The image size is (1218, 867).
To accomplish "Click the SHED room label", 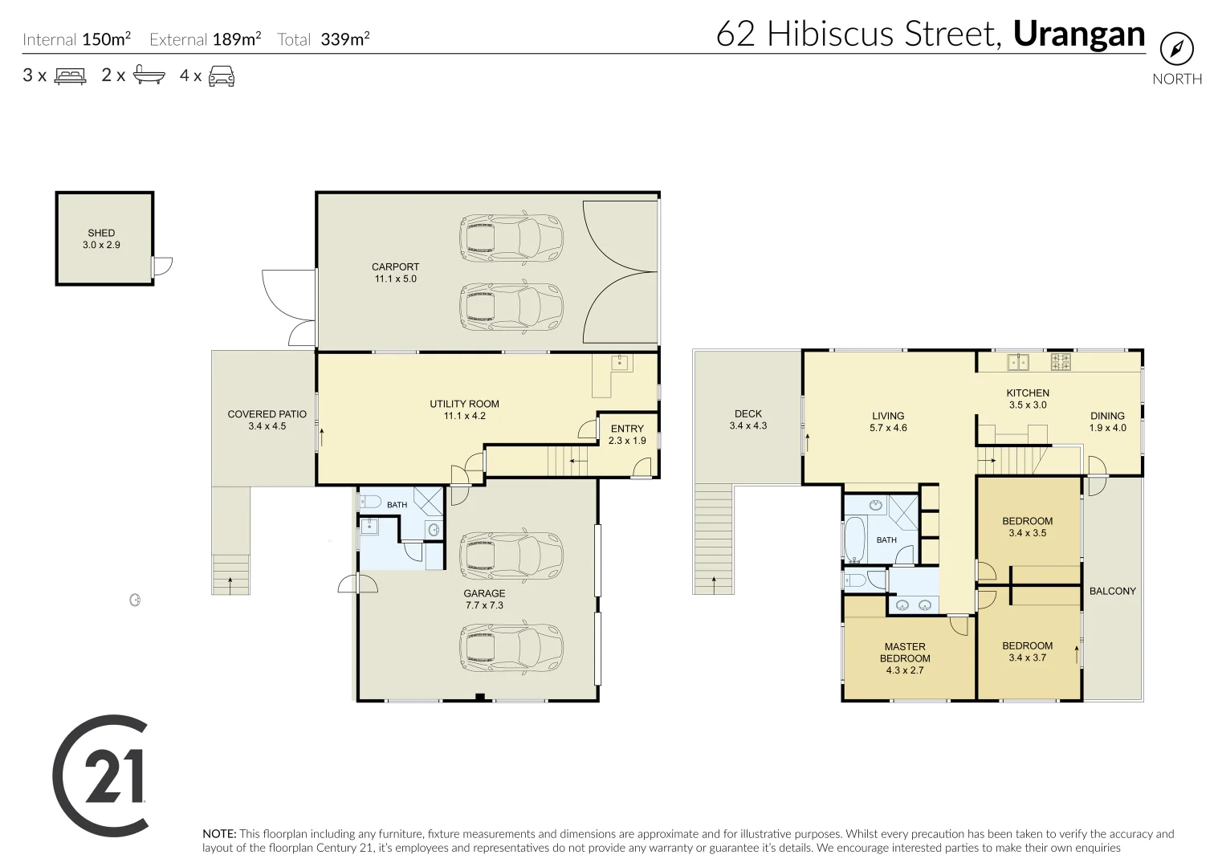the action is pyautogui.click(x=101, y=233).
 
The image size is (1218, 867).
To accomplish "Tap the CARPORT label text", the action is pyautogui.click(x=395, y=267).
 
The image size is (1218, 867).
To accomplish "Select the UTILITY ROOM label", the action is pyautogui.click(x=464, y=404).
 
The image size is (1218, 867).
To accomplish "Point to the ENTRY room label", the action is pyautogui.click(x=627, y=429).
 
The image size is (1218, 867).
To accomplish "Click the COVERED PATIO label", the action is pyautogui.click(x=267, y=414).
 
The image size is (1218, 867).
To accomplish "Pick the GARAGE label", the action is pyautogui.click(x=484, y=593).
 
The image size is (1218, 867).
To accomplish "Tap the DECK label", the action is pyautogui.click(x=748, y=413).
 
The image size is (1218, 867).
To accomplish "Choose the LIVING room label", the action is pyautogui.click(x=888, y=416).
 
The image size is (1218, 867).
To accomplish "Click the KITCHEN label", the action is pyautogui.click(x=1028, y=393).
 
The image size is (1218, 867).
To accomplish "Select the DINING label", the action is pyautogui.click(x=1108, y=416).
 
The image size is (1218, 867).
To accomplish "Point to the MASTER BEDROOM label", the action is pyautogui.click(x=905, y=653).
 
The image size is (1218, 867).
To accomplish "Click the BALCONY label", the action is pyautogui.click(x=1113, y=591).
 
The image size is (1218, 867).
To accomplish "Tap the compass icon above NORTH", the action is pyautogui.click(x=1177, y=49).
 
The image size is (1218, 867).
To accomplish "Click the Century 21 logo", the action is pyautogui.click(x=100, y=775).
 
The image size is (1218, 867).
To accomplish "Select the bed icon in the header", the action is pyautogui.click(x=70, y=75).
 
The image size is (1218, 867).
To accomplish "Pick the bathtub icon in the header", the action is pyautogui.click(x=149, y=75).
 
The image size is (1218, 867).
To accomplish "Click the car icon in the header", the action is pyautogui.click(x=222, y=76).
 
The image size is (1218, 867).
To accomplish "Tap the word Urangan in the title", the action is pyautogui.click(x=1079, y=34).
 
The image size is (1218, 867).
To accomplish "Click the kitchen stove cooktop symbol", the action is pyautogui.click(x=1061, y=362).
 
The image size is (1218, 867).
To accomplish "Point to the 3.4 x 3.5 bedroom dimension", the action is pyautogui.click(x=1027, y=533).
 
